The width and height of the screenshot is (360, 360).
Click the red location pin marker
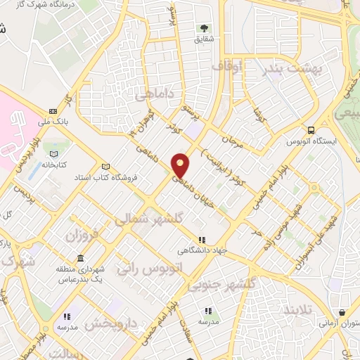181,164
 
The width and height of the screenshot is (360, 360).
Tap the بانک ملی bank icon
53,111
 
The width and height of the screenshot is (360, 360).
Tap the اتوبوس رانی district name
148,268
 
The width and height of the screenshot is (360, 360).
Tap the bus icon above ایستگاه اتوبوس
311,130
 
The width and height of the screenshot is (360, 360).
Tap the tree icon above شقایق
204,29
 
